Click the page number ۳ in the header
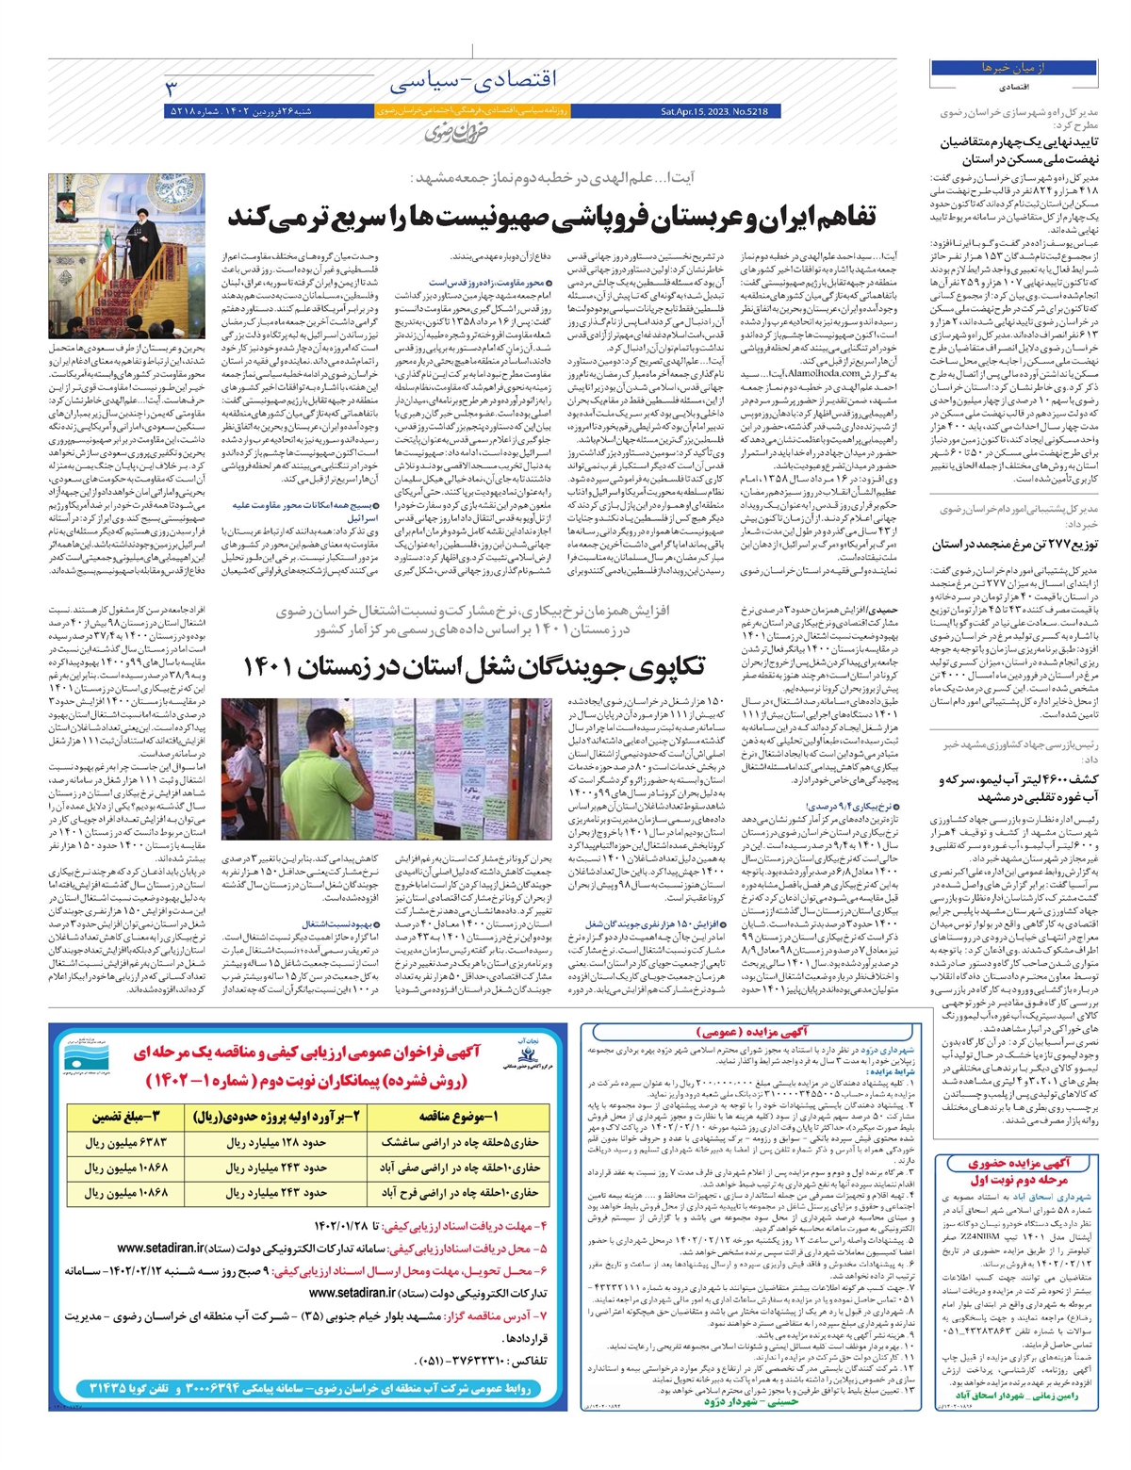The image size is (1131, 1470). point(172,87)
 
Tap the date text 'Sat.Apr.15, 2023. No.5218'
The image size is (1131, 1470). point(714,111)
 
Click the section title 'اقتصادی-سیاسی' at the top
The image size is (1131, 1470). point(472,83)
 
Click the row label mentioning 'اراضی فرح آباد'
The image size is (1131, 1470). point(459,1192)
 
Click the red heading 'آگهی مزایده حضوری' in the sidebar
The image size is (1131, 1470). point(1019,1163)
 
